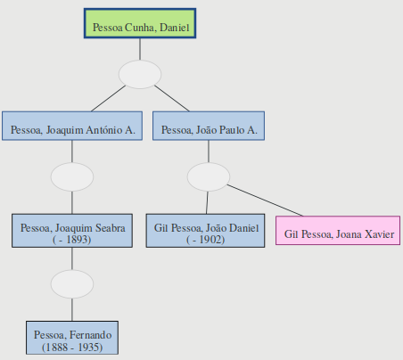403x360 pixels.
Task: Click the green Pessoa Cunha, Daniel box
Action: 140,23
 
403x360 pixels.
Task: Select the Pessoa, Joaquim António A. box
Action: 72,126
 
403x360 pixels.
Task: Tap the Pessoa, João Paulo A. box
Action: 209,126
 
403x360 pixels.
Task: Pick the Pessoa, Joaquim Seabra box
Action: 72,231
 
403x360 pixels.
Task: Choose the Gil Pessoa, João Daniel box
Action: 205,231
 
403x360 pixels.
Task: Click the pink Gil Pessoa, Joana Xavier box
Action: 338,231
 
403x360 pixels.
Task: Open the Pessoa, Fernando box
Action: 72,338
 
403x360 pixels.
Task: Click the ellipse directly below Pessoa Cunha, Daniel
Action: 140,75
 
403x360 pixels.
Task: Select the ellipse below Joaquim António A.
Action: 72,176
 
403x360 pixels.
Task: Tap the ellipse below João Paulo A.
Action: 209,176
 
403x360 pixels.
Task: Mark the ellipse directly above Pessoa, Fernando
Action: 72,284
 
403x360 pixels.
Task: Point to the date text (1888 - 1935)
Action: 72,347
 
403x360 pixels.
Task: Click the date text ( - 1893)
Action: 72,240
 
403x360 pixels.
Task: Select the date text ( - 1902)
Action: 206,240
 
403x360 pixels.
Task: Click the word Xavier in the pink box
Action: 380,234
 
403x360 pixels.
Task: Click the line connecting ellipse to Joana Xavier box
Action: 265,200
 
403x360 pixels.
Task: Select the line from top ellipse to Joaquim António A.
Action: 109,99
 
